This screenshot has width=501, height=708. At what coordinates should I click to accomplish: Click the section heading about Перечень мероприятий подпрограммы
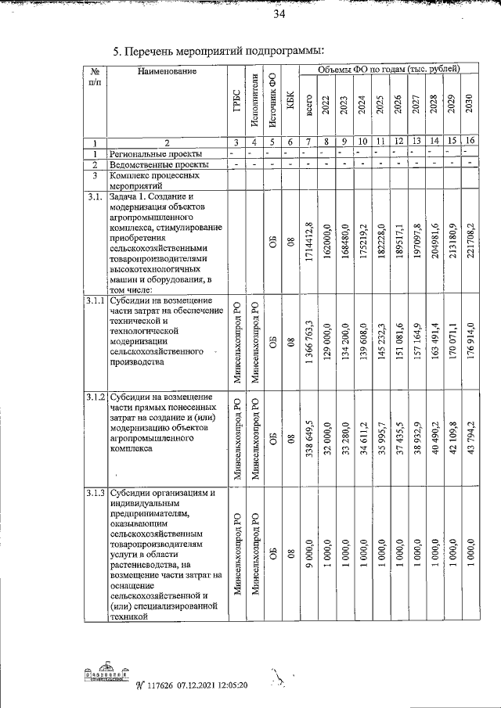coord(218,52)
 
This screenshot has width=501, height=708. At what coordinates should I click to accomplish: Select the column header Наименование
coord(166,73)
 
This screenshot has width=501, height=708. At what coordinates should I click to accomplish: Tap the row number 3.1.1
coord(95,301)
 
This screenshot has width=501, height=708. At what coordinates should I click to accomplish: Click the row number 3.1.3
coord(95,493)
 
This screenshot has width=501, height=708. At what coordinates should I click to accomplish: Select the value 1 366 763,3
coord(310,343)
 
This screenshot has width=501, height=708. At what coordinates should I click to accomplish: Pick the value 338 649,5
coord(310,440)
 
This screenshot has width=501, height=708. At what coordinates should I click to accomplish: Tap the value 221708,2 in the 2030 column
coord(470,247)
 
